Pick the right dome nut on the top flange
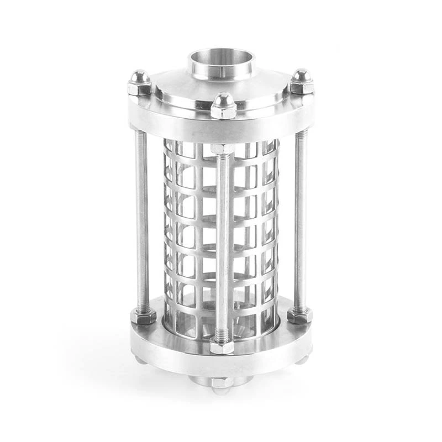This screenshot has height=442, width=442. point(302,81)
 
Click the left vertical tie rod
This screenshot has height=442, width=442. point(142,221)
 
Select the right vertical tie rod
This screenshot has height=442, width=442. point(300,221)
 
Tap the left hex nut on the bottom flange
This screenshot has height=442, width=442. point(144,316)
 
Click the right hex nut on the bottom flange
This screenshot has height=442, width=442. point(299,315)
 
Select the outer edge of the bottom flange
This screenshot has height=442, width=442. point(221,362)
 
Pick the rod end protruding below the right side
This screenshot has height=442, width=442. point(302,359)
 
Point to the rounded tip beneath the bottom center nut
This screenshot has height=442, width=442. point(220,391)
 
